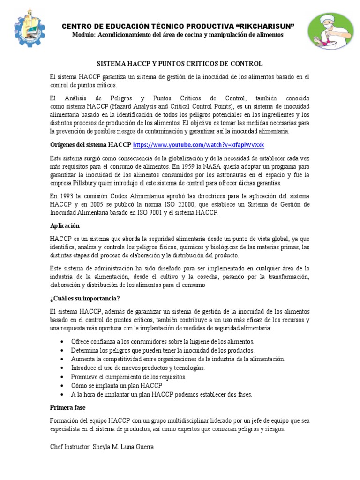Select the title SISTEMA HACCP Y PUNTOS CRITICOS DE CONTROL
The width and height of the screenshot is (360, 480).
[x=180, y=63]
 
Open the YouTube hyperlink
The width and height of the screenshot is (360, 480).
[x=199, y=145]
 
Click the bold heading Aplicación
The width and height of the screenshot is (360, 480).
[x=65, y=225]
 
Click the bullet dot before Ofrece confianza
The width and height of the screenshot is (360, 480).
[x=62, y=342]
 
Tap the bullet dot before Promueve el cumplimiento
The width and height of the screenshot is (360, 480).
[x=62, y=377]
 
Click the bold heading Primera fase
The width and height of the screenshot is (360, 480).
[x=68, y=407]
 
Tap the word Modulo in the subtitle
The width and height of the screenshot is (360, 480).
[x=84, y=35]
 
